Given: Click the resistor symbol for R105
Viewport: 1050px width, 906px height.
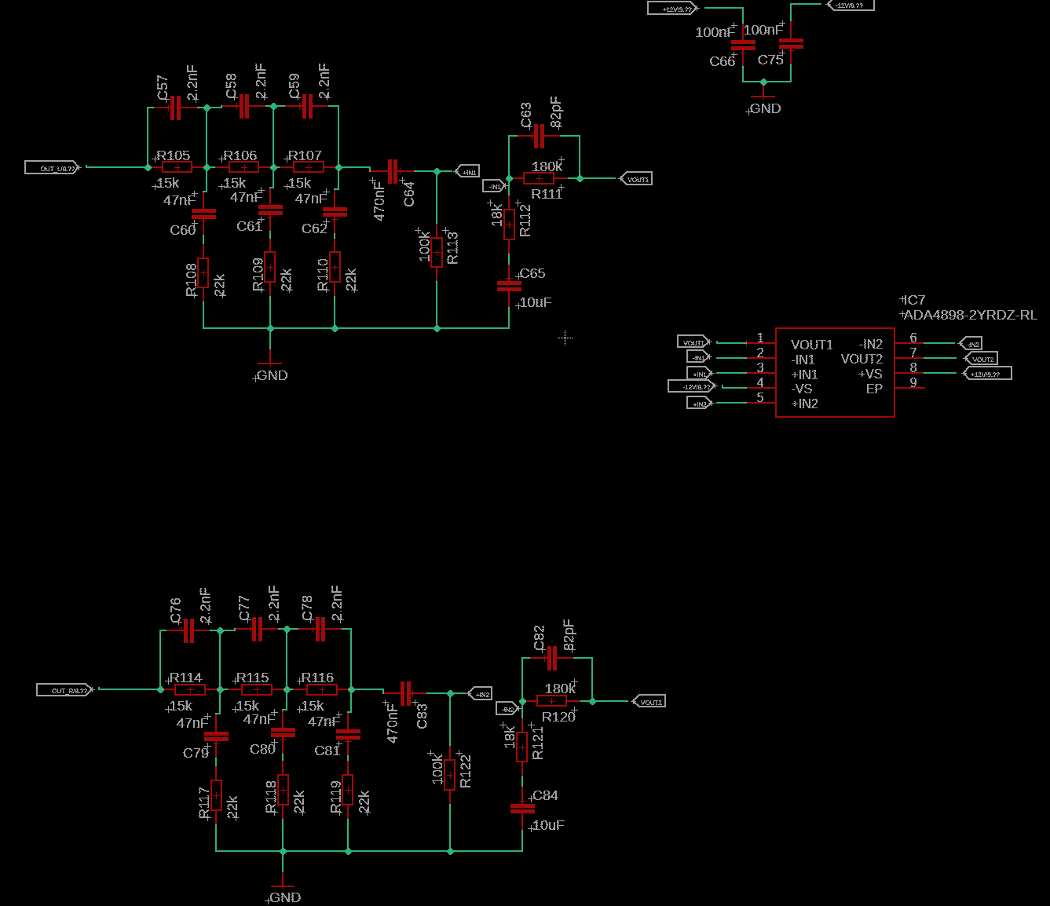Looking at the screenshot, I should (177, 167).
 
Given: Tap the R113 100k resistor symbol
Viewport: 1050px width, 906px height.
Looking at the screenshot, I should (437, 252).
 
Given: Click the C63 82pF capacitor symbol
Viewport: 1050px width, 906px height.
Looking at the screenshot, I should (539, 136).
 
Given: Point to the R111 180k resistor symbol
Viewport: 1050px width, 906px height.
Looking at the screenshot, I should (539, 179).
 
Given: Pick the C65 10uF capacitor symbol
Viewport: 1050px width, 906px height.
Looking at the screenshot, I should (509, 286).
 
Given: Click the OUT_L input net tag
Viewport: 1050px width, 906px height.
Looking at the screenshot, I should (53, 167).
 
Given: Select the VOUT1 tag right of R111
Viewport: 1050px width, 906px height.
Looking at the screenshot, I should (636, 179).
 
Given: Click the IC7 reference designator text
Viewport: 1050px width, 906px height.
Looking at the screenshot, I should (914, 300).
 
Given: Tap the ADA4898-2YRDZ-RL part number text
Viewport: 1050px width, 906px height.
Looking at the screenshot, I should (970, 315).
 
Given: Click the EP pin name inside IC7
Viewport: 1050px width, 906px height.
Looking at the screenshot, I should (874, 389).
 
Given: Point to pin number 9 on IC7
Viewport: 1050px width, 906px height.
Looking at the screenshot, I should (913, 382).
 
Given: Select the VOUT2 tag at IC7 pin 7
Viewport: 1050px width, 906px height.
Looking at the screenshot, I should (981, 359).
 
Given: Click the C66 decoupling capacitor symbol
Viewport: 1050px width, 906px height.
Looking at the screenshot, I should (743, 45).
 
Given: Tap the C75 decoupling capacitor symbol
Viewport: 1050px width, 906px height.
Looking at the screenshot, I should (791, 43).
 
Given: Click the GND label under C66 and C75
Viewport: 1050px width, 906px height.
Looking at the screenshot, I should (764, 108).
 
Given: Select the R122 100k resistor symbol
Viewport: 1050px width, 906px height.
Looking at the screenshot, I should (450, 774).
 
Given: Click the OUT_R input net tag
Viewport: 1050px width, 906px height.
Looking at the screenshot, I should (66, 690).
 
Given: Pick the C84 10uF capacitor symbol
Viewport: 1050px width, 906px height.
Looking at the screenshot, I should (522, 808).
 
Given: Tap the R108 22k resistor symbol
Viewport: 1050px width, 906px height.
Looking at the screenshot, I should (203, 272).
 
